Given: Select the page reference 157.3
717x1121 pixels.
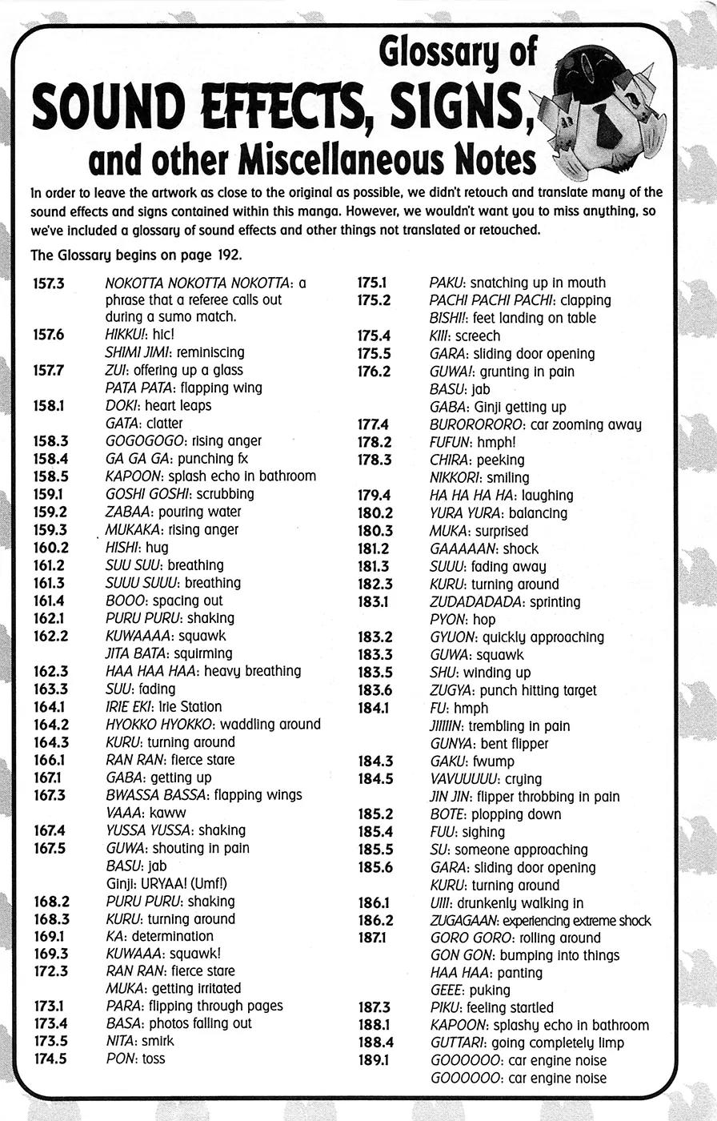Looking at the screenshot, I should tap(49, 283).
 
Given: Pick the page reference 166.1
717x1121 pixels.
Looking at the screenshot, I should tap(49, 760).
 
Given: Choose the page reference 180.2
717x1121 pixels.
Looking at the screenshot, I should tap(375, 513).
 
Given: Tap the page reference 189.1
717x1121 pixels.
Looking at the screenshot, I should tap(374, 1060).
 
